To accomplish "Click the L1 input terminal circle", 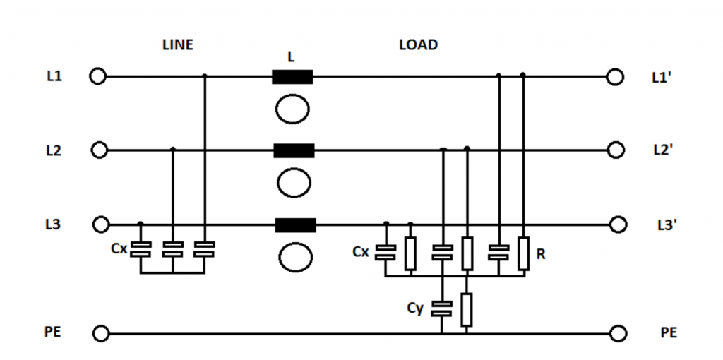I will point(98,76).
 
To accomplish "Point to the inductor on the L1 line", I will point(292,76).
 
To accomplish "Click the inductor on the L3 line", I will point(295,225).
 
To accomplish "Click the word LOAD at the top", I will point(418,45).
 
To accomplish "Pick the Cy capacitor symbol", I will point(442,308).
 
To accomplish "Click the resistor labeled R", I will point(522,253).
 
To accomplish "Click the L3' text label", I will point(664,225).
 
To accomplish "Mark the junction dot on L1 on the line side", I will point(204,76).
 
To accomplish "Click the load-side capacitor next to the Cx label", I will point(386,251).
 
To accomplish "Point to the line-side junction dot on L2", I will point(173,150).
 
